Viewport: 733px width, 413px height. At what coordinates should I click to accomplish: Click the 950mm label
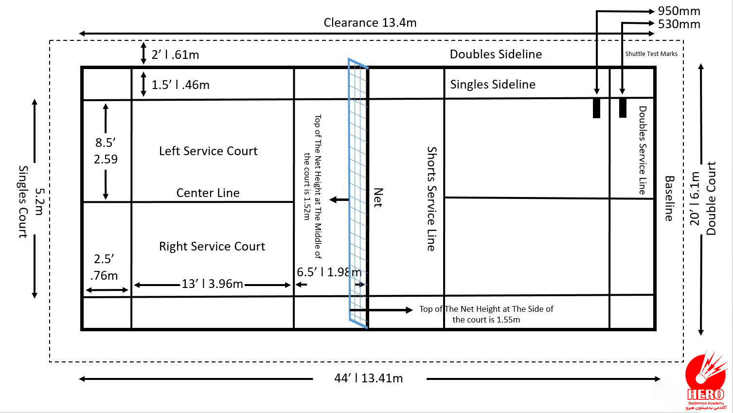click(x=679, y=11)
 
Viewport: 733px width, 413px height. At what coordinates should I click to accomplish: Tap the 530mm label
click(x=679, y=24)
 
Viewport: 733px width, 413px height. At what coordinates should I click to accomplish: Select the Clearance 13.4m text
click(x=370, y=22)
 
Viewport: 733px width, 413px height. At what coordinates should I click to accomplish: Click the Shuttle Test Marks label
click(x=651, y=54)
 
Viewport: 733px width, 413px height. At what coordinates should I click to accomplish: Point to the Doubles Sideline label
click(x=496, y=54)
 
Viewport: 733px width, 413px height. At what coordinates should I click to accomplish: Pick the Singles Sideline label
click(x=493, y=85)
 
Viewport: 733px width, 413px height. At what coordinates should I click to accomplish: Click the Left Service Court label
click(x=208, y=151)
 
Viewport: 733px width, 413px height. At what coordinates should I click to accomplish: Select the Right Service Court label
click(x=212, y=246)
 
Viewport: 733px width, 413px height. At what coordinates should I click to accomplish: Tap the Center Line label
click(x=208, y=193)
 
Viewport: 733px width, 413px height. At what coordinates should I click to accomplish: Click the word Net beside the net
click(x=378, y=198)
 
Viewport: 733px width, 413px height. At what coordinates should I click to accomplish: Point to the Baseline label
click(x=669, y=198)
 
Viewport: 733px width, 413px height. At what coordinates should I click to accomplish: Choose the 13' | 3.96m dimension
click(x=212, y=284)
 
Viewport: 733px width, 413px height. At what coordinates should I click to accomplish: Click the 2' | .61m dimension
click(x=175, y=54)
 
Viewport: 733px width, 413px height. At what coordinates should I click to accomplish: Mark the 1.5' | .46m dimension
click(x=180, y=85)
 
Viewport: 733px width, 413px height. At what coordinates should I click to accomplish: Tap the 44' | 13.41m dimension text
click(x=369, y=378)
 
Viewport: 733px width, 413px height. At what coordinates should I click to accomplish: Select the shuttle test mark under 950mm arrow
click(x=596, y=108)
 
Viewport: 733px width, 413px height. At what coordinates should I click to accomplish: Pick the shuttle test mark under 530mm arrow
click(x=623, y=108)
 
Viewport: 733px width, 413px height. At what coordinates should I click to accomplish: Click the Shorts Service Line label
click(x=431, y=198)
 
